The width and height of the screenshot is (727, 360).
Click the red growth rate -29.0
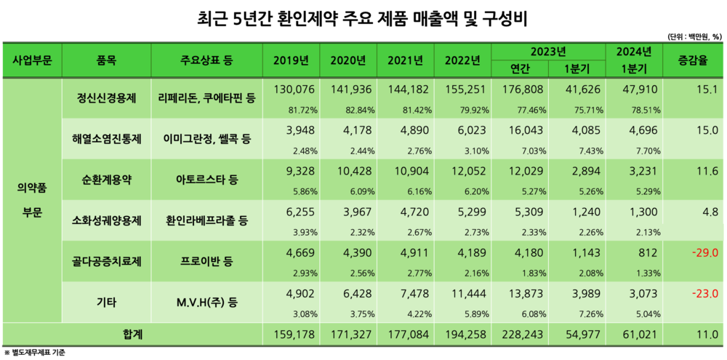point(705,253)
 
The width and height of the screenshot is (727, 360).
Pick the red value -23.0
point(705,294)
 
